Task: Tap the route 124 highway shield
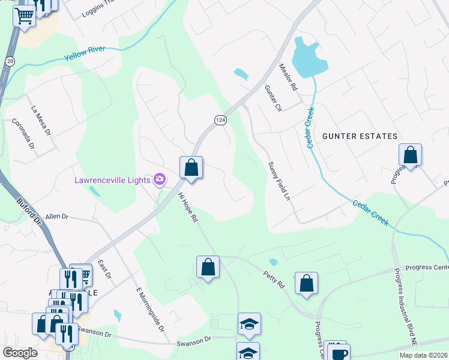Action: (220, 121)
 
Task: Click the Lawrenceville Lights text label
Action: (112, 179)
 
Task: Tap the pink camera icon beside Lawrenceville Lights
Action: (159, 179)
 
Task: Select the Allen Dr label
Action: (58, 216)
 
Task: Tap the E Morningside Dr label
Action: (149, 308)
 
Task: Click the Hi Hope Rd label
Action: (187, 208)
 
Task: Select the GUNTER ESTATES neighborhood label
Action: (360, 136)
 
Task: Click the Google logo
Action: (20, 353)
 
